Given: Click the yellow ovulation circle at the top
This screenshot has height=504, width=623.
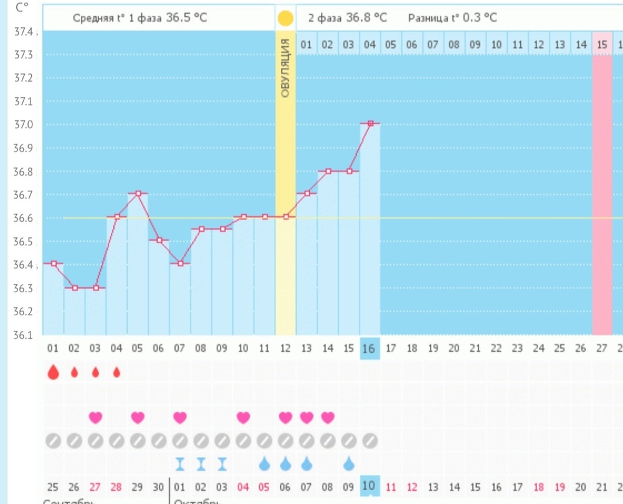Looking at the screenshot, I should (x=285, y=17).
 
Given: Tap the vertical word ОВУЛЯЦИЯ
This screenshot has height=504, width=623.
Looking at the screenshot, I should (x=285, y=67).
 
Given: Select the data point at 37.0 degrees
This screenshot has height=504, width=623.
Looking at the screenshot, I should (x=370, y=123).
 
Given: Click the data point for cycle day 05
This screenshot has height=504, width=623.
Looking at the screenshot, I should (x=138, y=193).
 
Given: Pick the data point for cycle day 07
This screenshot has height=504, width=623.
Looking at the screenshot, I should (x=180, y=264).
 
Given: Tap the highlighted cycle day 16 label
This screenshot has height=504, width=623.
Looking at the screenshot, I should (x=370, y=349).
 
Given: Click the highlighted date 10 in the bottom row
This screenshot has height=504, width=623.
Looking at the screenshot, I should (x=369, y=486).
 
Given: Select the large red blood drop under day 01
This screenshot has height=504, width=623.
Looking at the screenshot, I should (x=53, y=373).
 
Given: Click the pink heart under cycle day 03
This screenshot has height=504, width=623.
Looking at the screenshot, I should (x=95, y=417).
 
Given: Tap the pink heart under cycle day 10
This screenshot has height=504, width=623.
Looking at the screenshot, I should (x=243, y=417).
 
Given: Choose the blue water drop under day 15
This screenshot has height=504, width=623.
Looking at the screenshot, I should (x=349, y=464).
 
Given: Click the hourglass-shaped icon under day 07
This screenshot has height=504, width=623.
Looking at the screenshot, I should (x=180, y=464).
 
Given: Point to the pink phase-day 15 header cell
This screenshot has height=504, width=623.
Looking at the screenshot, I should (x=602, y=45).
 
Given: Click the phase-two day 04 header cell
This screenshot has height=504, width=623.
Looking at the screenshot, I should (x=370, y=45).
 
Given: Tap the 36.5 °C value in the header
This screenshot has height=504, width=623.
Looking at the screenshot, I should (x=186, y=17).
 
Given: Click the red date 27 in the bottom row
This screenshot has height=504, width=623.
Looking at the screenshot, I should (x=95, y=486).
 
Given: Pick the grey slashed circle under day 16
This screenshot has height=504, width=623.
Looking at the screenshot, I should (x=370, y=440).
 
